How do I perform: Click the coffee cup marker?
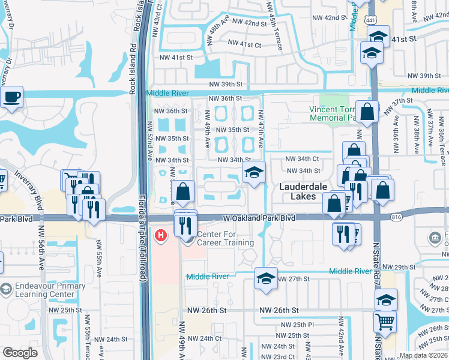point(11,98)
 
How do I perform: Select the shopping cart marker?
point(385,320)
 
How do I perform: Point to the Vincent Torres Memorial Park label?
point(340,113)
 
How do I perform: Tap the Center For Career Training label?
point(225,239)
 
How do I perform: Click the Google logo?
point(20,353)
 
